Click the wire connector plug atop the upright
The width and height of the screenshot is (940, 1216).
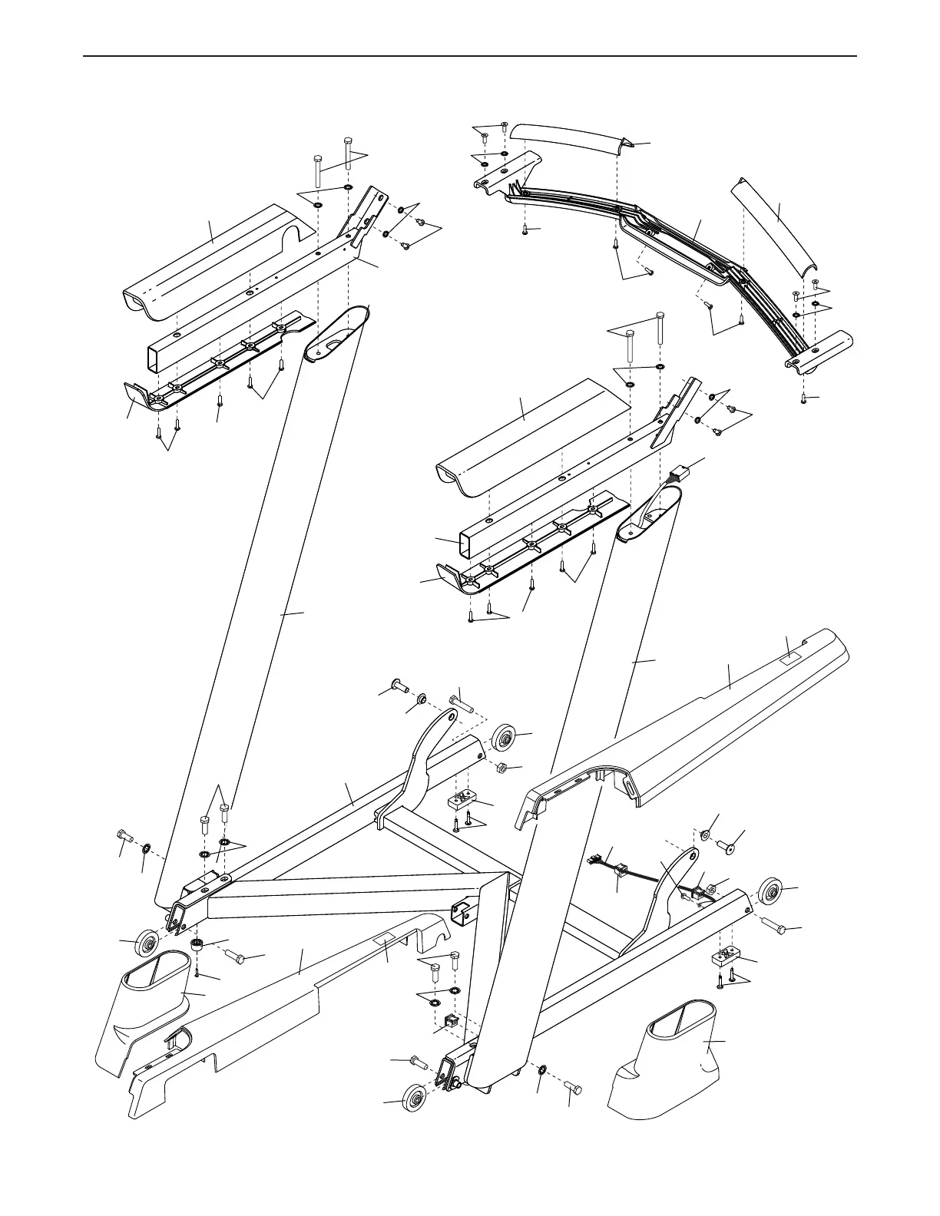pyautogui.click(x=677, y=475)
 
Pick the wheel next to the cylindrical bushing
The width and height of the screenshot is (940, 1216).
pyautogui.click(x=147, y=943)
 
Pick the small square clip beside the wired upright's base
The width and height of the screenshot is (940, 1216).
pyautogui.click(x=452, y=1021)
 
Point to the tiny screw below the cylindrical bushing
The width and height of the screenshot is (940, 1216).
pyautogui.click(x=197, y=972)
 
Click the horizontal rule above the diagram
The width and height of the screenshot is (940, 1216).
pyautogui.click(x=470, y=56)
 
